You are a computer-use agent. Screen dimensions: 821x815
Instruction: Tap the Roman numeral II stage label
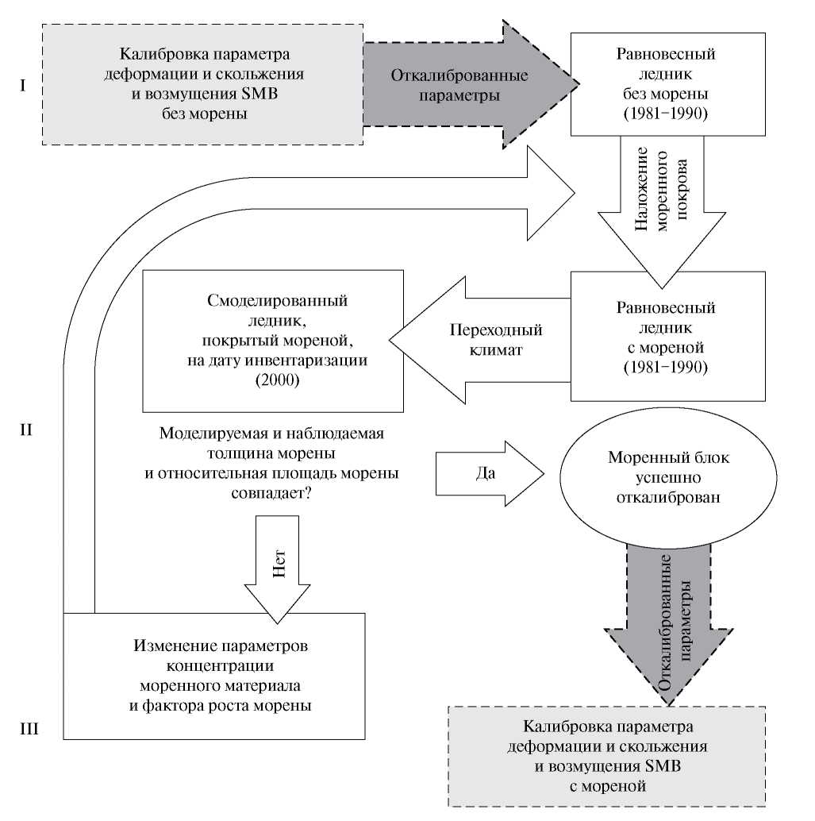(25, 430)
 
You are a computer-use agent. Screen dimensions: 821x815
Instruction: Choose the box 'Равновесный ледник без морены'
(666, 84)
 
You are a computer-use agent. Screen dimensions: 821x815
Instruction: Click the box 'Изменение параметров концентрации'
(214, 674)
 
